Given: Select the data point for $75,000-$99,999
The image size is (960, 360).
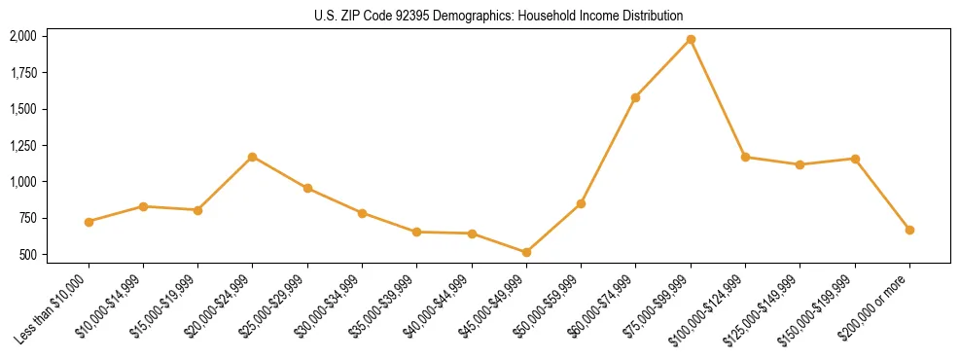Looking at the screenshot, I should (x=691, y=39).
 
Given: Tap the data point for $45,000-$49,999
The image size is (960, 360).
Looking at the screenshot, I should (x=526, y=252).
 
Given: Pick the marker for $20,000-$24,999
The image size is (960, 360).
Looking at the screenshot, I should (x=253, y=157).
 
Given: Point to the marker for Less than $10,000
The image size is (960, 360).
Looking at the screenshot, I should (x=89, y=222).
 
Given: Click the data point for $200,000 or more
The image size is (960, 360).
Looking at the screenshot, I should (x=909, y=230).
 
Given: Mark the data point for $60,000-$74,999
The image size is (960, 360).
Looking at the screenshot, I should (x=635, y=97).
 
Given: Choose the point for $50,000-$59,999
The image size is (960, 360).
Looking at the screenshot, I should (x=581, y=203).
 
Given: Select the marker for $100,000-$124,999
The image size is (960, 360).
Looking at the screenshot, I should (x=745, y=157).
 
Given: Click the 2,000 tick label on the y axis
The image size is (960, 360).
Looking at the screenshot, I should (x=23, y=36).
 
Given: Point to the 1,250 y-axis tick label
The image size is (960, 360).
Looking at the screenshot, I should (x=23, y=145).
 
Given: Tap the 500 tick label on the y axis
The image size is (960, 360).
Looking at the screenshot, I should (x=29, y=255).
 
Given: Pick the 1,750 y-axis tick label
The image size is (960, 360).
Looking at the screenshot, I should (x=23, y=72).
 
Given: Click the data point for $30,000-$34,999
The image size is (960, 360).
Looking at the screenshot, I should (x=362, y=213).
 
